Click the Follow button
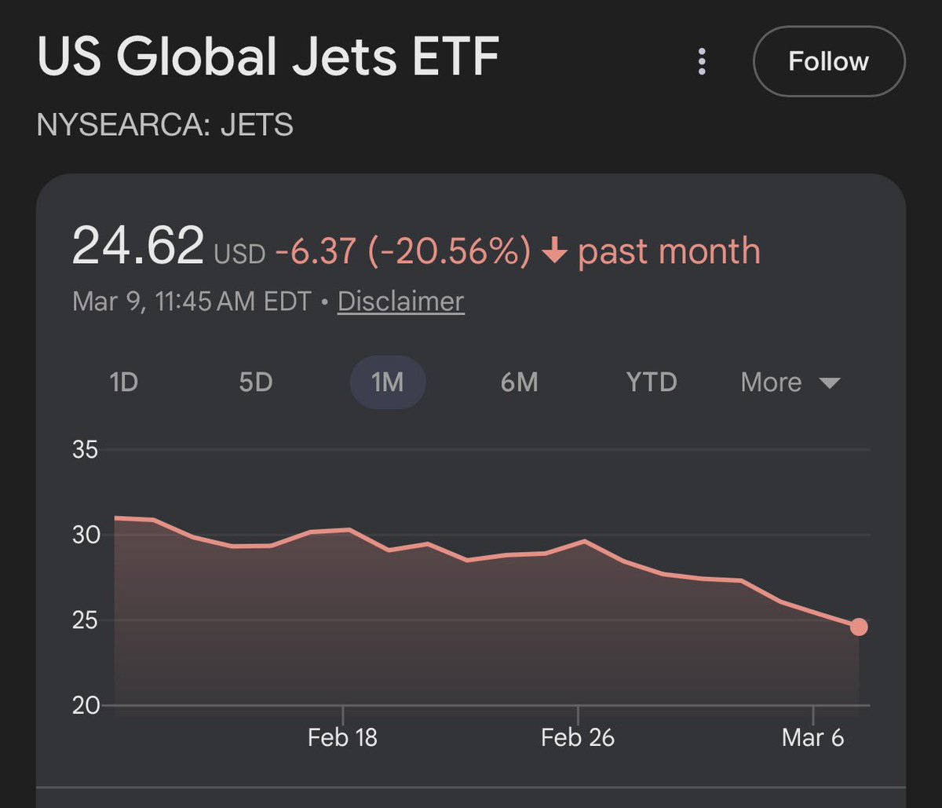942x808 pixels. pos(828,61)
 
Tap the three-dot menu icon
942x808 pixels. pos(702,61)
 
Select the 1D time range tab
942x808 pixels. pos(123,382)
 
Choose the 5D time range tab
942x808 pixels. pos(255,382)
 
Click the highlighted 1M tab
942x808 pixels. pos(387,382)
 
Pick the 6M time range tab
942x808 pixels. pos(519,382)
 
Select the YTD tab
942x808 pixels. pos(651,382)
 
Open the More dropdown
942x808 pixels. pos(790,382)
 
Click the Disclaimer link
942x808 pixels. pos(400,302)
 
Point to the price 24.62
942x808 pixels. pos(138,247)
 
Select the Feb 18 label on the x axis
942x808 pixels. pos(342,738)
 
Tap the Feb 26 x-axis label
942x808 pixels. pos(578,738)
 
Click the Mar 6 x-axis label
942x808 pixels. pos(813,738)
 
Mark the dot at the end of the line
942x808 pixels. pos(859,627)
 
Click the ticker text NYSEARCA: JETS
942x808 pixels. pos(165,125)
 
